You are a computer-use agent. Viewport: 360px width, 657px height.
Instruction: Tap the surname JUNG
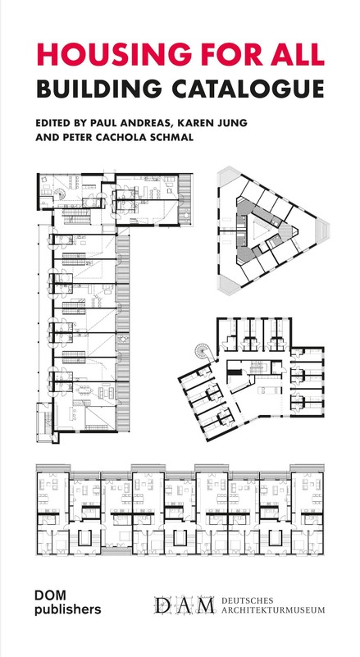[x=230, y=123]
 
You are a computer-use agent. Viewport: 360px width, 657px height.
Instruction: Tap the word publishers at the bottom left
[x=68, y=609]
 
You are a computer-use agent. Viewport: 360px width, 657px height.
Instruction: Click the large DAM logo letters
[x=184, y=605]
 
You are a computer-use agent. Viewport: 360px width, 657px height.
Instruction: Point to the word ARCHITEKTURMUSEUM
[x=272, y=610]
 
